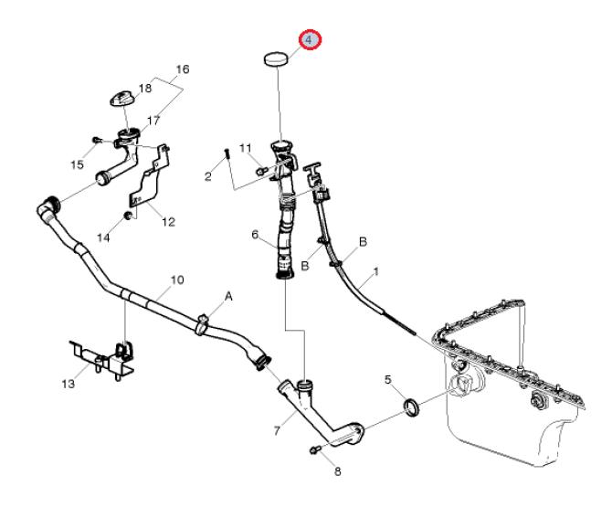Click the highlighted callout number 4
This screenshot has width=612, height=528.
pos(310,40)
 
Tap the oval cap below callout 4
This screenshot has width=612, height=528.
pos(277,60)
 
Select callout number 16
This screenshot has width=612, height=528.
pos(182,69)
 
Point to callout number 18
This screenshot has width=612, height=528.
pos(145,89)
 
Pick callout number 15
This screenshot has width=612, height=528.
pos(77,164)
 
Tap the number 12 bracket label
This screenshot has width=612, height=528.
pos(167,220)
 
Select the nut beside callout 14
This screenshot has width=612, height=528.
pos(129,216)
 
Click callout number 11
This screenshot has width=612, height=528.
pos(245,148)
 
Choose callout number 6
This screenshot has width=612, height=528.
pos(256,235)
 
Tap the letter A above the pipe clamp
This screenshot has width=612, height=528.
pos(228,297)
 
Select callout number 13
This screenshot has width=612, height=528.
pos(67,384)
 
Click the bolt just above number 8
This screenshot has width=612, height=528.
pos(316,449)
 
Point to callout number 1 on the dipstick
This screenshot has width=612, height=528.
pos(375,272)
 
